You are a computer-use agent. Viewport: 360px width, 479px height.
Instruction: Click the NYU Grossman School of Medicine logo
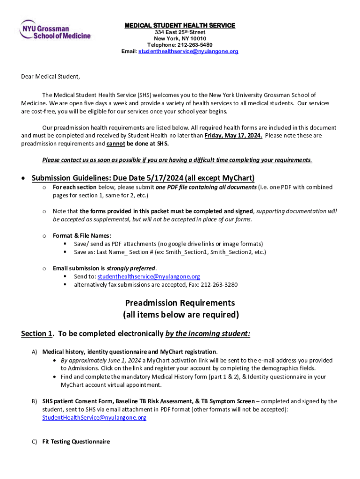(x=55, y=29)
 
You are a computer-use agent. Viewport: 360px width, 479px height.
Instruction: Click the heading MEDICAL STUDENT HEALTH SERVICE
(x=180, y=25)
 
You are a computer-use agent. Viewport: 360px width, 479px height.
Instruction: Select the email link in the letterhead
(x=188, y=51)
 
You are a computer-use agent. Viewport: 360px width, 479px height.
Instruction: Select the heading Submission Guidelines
(x=143, y=178)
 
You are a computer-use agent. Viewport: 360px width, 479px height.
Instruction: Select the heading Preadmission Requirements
(x=180, y=303)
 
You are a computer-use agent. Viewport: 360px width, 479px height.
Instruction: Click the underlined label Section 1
(x=36, y=334)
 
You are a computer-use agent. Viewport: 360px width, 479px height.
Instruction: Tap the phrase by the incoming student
(x=208, y=334)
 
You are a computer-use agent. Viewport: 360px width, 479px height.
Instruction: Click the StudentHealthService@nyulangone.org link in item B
(x=94, y=418)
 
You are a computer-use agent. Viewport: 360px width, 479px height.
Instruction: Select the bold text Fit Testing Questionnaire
(x=76, y=442)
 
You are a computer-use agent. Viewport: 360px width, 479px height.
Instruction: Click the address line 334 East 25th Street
(x=180, y=32)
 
